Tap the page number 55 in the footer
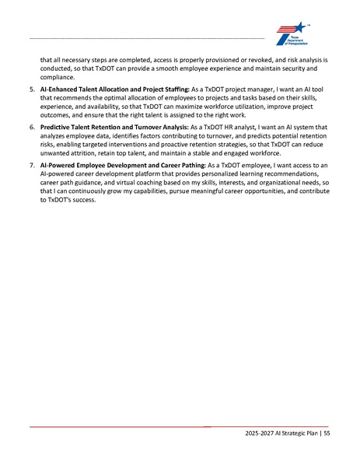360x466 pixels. tap(327, 433)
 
